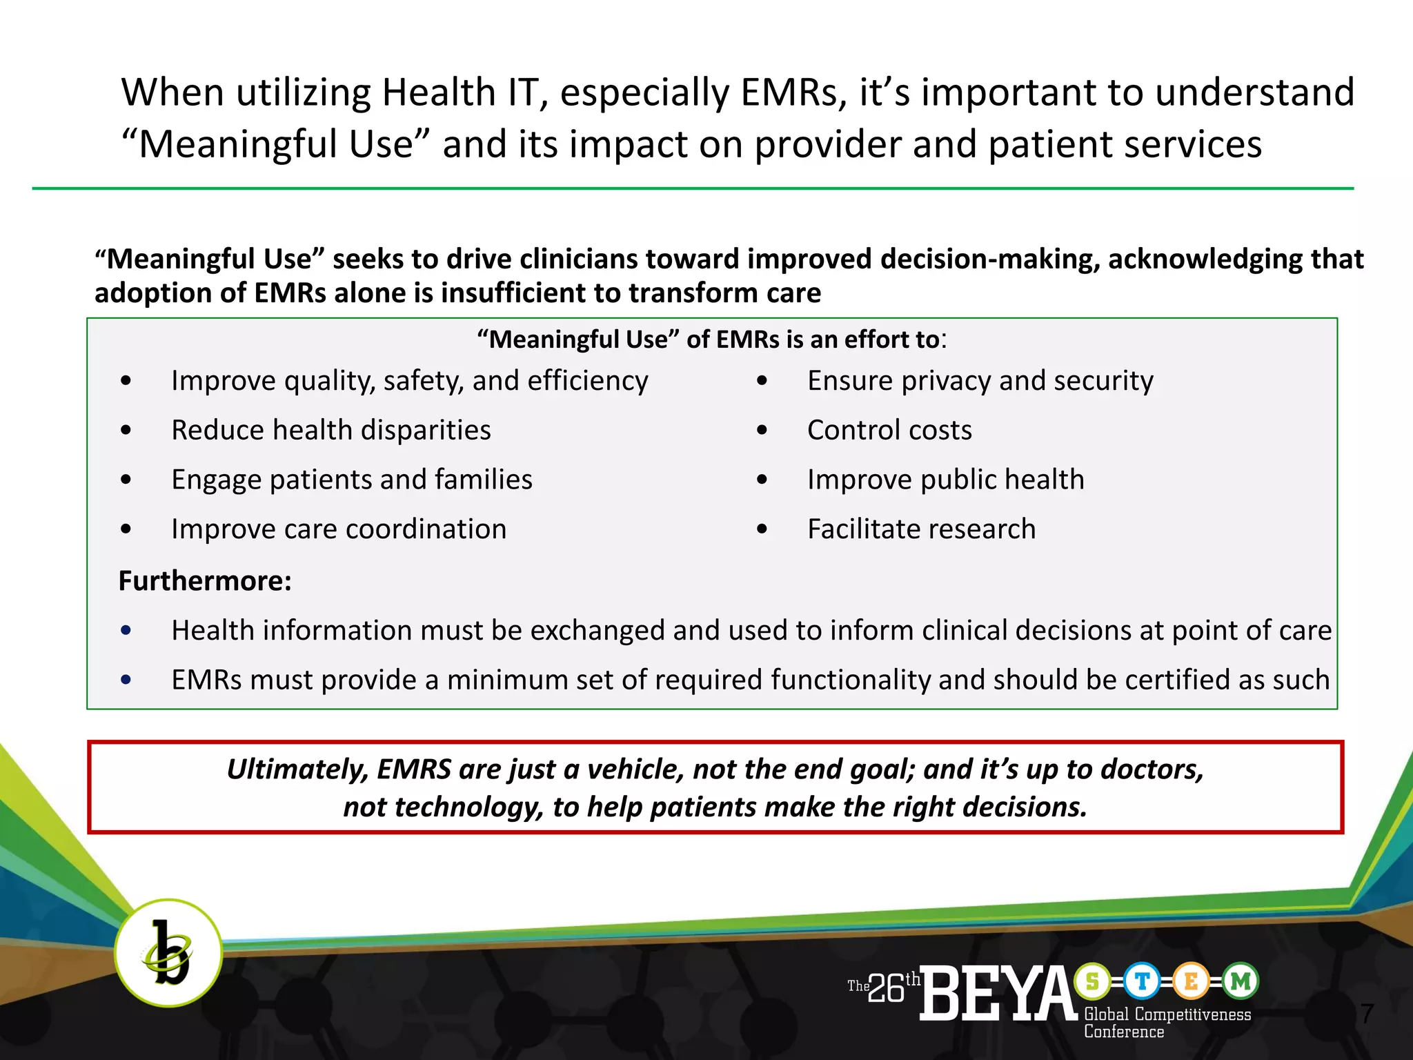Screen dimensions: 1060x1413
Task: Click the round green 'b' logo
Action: click(x=168, y=952)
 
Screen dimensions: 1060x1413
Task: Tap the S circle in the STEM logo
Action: click(x=1092, y=981)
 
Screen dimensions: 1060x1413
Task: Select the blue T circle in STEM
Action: click(x=1142, y=981)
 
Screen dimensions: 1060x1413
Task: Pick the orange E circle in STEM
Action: click(x=1192, y=981)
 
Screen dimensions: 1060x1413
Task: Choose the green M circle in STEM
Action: click(x=1241, y=981)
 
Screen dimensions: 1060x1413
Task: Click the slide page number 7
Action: click(x=1367, y=1014)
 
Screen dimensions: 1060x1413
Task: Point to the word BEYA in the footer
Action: click(x=998, y=994)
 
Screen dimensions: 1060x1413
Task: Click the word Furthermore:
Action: click(x=205, y=581)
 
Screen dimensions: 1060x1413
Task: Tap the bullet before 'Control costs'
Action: click(x=762, y=431)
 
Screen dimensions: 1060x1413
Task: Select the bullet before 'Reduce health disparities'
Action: click(x=126, y=431)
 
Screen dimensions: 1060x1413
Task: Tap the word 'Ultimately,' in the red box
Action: click(x=297, y=769)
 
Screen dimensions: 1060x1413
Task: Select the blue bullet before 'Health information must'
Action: click(x=126, y=630)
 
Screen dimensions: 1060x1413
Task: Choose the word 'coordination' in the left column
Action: click(x=426, y=529)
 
